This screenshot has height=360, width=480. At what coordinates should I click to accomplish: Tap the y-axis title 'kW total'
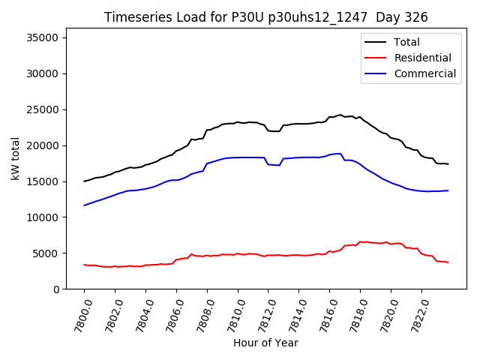pyautogui.click(x=15, y=159)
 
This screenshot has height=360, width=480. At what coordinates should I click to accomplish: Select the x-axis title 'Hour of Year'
pyautogui.click(x=265, y=343)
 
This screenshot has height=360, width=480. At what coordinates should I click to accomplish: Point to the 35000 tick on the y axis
pyautogui.click(x=47, y=37)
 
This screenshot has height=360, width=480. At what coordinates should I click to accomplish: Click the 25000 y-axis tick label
pyautogui.click(x=47, y=109)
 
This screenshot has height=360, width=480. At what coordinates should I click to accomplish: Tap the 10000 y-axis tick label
pyautogui.click(x=47, y=217)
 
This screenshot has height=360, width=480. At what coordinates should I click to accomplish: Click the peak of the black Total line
pyautogui.click(x=340, y=115)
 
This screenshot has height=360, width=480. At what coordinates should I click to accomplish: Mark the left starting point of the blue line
pyautogui.click(x=84, y=205)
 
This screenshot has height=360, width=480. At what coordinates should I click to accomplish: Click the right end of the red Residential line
pyautogui.click(x=448, y=262)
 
